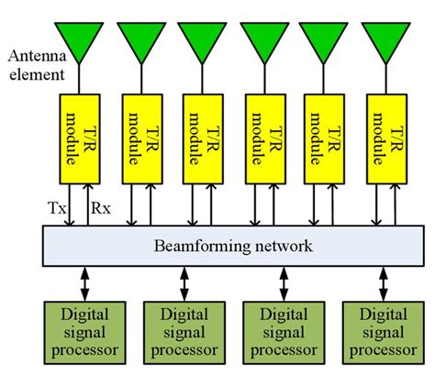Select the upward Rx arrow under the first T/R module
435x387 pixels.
click(x=87, y=204)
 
